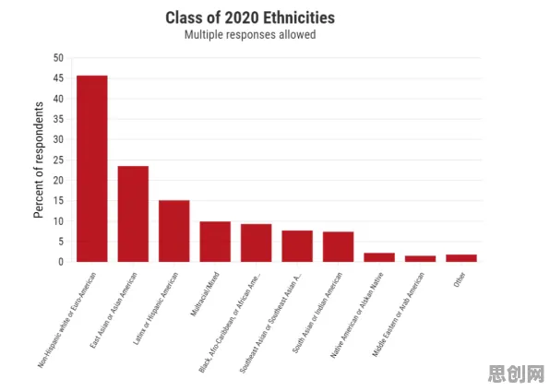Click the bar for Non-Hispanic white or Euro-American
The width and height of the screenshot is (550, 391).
pos(92,169)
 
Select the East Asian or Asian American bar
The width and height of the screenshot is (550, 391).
pos(133,214)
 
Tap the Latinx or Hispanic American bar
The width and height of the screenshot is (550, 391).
pos(174,231)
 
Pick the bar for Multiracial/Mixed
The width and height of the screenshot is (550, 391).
pos(215,242)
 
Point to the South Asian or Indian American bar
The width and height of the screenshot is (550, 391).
pos(338,247)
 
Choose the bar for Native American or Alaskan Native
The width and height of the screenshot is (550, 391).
pos(379,257)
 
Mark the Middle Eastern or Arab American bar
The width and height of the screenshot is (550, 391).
pos(420,259)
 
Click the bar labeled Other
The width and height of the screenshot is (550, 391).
pos(461,258)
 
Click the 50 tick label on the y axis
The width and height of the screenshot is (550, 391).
pos(58,58)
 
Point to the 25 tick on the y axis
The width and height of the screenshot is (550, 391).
pos(58,160)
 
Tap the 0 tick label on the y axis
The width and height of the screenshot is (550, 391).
pos(61,262)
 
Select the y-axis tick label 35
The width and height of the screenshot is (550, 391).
pos(58,119)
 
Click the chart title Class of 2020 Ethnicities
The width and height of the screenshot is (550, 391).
pos(250,18)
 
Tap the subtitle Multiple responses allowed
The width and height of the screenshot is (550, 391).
pos(250,35)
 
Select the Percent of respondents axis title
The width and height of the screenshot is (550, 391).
pos(39,160)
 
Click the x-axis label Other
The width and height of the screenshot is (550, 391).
pos(460,279)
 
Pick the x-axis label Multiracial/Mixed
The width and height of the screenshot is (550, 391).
pos(205,294)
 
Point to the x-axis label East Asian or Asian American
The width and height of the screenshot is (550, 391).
pos(114,310)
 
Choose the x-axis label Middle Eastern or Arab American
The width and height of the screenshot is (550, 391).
pos(398,314)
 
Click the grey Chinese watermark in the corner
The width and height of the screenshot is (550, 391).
pos(517,373)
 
